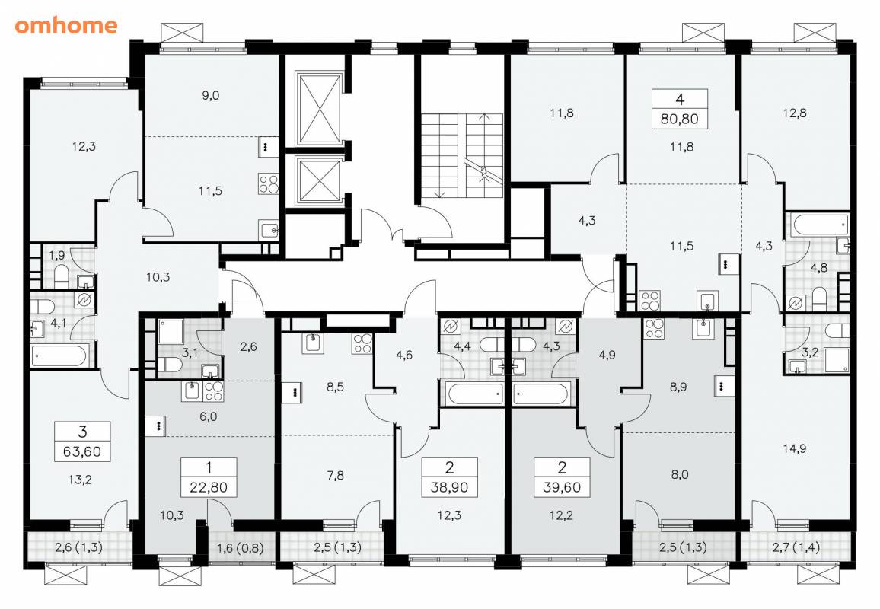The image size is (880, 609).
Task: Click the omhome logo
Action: pos(66,25)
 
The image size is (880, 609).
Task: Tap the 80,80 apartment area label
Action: pos(680,119)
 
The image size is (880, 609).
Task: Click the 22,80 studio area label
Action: pos(209,487)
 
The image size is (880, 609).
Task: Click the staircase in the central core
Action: pos(462,155)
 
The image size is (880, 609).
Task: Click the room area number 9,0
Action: pos(210,95)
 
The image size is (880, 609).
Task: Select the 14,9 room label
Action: pos(795,448)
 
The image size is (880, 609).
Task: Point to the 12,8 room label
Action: pos(795,113)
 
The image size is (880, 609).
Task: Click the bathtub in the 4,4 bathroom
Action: pos(475,394)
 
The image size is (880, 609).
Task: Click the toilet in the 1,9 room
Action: pos(61,275)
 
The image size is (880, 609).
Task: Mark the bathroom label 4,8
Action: pos(819,268)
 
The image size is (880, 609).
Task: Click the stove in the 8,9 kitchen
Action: pos(654,328)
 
